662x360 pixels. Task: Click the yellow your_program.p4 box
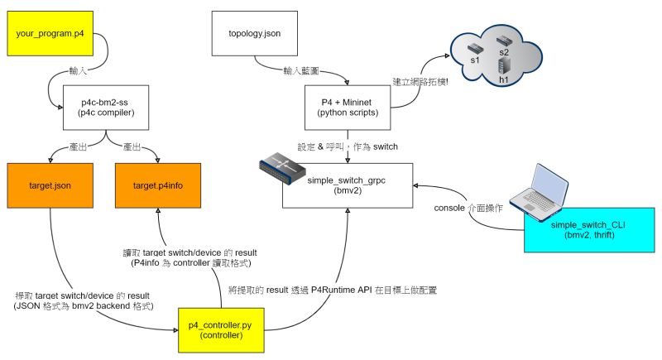tap(50, 33)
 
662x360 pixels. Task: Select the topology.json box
tap(255, 33)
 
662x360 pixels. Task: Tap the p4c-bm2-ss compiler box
tap(106, 108)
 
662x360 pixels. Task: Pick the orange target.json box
tap(50, 185)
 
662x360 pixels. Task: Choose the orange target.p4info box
tap(158, 185)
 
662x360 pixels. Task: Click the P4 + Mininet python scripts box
tap(348, 108)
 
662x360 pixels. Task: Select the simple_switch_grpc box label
tap(346, 185)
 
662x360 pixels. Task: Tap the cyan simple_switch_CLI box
tap(589, 230)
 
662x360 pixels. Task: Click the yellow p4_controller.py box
tap(221, 330)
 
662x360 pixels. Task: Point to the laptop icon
tap(540, 192)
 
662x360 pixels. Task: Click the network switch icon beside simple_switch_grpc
tap(282, 169)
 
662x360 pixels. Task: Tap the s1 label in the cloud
tap(475, 60)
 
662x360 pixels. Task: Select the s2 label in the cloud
tap(504, 53)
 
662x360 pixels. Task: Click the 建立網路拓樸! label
tap(420, 82)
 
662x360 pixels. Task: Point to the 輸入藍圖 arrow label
tap(301, 71)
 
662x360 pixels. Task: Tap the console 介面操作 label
tap(468, 208)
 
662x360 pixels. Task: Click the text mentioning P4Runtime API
tap(333, 290)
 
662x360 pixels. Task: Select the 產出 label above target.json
tap(78, 146)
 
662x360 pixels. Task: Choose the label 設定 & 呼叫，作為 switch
tap(348, 146)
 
